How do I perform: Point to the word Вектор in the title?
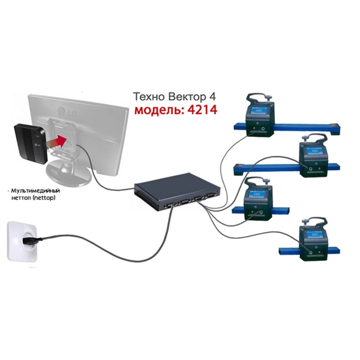(x=188, y=97)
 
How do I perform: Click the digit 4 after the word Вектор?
(x=213, y=97)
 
